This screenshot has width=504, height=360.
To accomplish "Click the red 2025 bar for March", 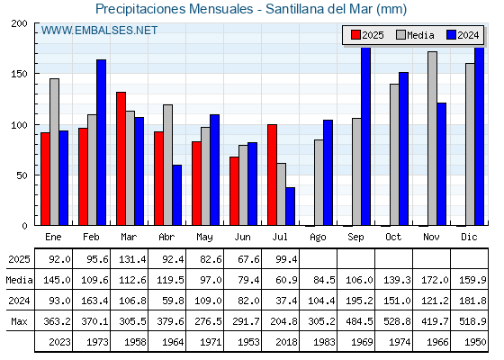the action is click(x=121, y=158).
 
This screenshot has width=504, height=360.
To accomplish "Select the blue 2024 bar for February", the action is click(x=101, y=142).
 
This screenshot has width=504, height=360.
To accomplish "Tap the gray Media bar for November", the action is click(x=432, y=139).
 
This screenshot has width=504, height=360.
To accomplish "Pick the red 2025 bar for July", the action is click(x=272, y=175).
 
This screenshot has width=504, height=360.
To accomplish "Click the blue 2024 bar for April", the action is click(x=176, y=195).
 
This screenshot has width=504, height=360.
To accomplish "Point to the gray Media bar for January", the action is click(x=54, y=152).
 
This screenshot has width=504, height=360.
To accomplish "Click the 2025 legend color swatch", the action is click(x=355, y=35).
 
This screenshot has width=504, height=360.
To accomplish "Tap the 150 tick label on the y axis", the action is click(x=19, y=74).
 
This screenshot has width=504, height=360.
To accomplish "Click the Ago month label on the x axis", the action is click(x=318, y=238).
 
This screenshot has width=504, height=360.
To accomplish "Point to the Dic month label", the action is click(x=469, y=237).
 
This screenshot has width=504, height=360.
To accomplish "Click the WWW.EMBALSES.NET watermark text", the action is click(x=99, y=31).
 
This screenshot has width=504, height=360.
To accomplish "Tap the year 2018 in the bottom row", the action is click(x=286, y=342).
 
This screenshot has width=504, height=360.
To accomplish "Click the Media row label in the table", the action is click(x=19, y=280).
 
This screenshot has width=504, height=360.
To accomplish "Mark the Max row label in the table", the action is click(x=19, y=321).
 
